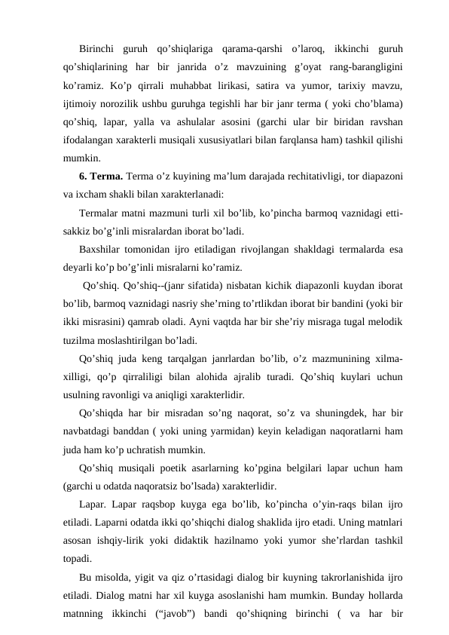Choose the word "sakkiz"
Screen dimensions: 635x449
78,232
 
